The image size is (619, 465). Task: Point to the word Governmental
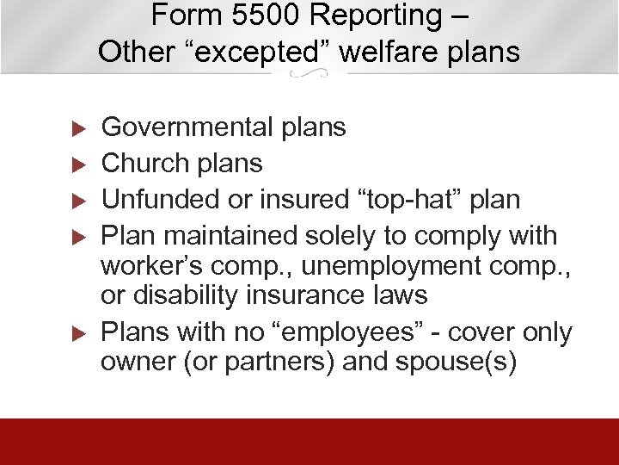[187, 128]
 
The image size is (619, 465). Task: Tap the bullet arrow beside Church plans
[75, 164]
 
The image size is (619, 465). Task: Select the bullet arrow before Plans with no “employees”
[75, 332]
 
